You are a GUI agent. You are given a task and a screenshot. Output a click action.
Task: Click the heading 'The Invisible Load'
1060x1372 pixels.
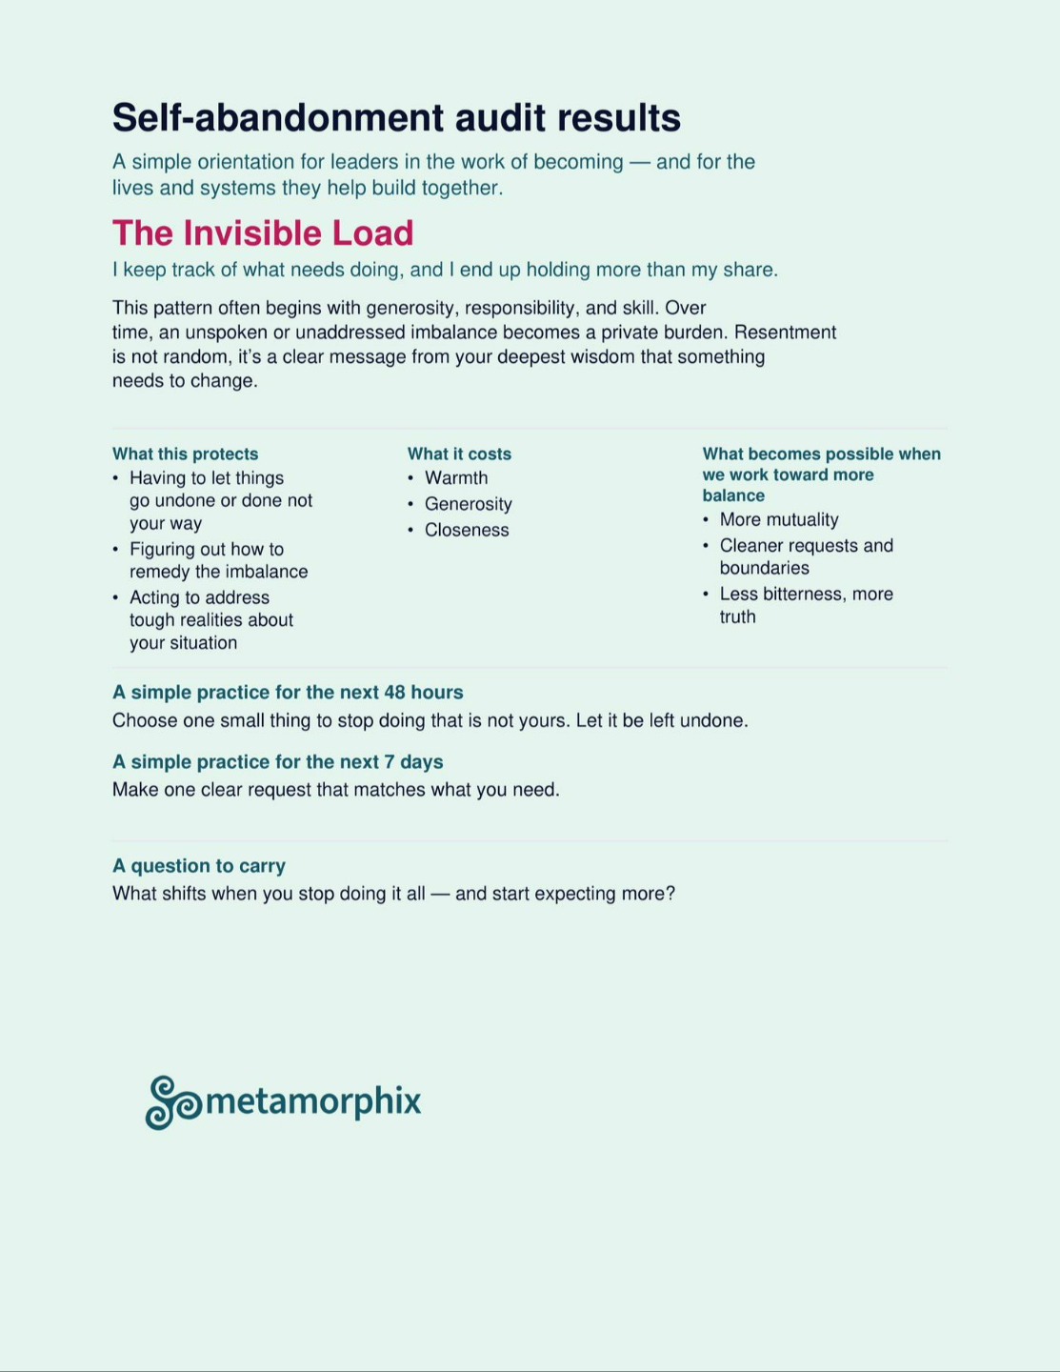click(x=263, y=233)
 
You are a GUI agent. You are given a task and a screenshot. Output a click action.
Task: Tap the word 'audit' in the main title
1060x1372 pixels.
click(x=500, y=118)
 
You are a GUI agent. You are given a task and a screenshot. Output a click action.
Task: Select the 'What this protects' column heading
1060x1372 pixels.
click(x=185, y=454)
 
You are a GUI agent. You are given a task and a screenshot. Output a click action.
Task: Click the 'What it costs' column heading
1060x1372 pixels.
click(x=459, y=454)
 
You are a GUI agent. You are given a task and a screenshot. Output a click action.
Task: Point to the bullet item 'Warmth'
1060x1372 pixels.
click(x=456, y=478)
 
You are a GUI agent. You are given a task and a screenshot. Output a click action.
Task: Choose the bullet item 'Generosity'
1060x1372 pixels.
click(x=468, y=504)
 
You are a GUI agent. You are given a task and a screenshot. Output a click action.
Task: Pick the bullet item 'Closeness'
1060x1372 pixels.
click(x=467, y=531)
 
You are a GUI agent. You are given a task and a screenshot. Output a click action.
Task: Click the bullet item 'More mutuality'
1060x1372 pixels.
click(x=779, y=520)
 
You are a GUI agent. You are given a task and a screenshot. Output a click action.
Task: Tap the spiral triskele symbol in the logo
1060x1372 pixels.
click(x=172, y=1102)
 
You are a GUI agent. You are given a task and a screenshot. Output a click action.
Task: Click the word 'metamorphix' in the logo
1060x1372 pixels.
click(x=313, y=1100)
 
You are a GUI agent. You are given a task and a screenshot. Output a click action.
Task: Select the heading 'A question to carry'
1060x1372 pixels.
click(x=199, y=866)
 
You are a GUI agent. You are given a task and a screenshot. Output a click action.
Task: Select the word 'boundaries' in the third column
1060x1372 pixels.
click(x=764, y=569)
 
